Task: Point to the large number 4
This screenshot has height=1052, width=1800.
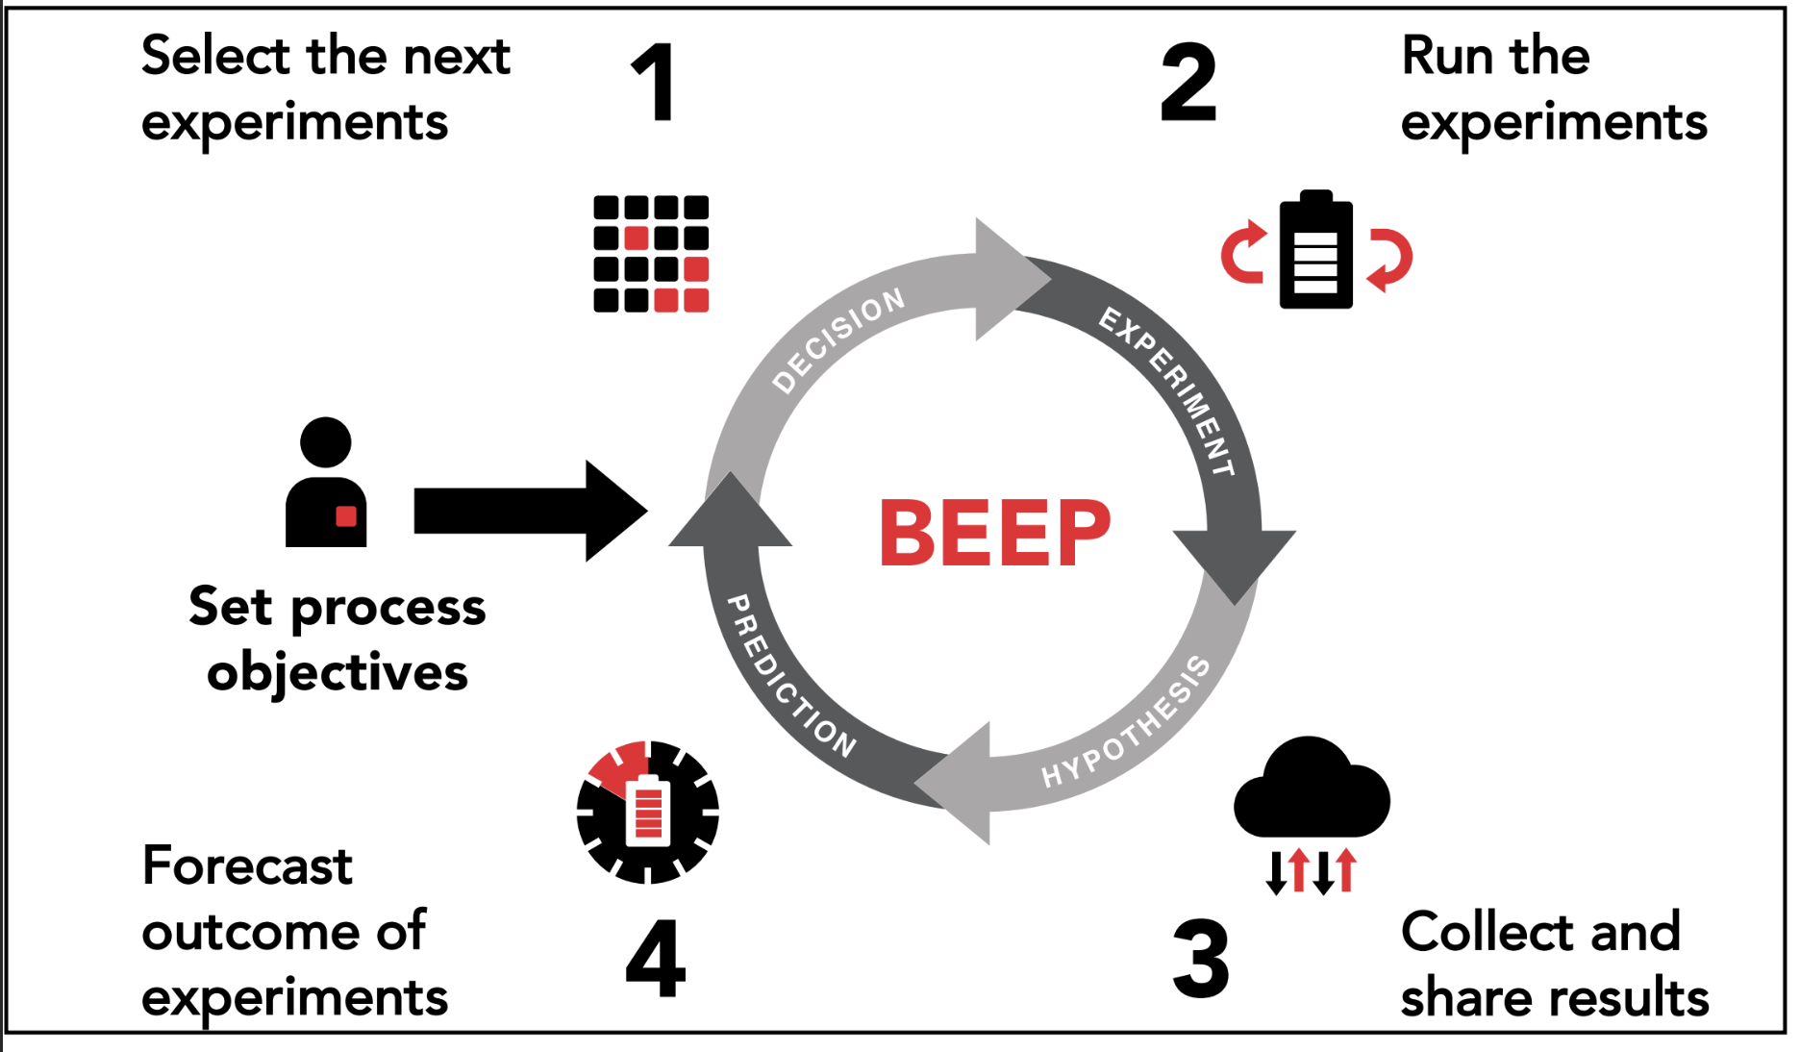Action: [656, 958]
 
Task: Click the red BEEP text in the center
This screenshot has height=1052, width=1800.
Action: [994, 533]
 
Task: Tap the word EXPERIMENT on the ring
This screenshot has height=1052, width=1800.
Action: [1167, 390]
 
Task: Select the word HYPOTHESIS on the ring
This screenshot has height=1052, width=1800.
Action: [1127, 722]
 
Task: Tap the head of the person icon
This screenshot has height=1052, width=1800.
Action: [325, 442]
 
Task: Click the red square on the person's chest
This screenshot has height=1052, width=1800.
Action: [346, 516]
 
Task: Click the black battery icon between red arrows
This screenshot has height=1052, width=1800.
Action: [1315, 252]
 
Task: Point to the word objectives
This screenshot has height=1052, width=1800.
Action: [337, 672]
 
